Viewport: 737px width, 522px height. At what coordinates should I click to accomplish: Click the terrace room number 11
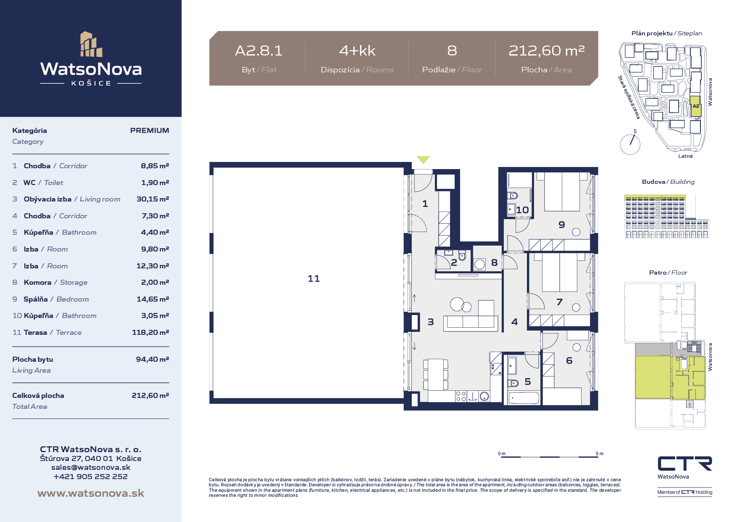[x=313, y=278]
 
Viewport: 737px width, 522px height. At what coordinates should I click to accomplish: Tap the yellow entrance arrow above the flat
[x=423, y=160]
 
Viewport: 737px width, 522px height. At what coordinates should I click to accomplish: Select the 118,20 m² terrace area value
[x=150, y=332]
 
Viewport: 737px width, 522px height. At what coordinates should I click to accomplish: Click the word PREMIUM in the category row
[x=150, y=130]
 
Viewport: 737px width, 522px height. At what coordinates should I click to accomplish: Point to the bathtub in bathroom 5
[x=524, y=397]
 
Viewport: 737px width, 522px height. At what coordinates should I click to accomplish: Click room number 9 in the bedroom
[x=562, y=225]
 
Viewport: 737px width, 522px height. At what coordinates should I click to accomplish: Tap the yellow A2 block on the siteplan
[x=696, y=106]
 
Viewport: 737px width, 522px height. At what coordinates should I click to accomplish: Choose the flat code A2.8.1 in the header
[x=258, y=51]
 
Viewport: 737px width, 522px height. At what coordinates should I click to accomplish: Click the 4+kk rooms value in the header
[x=357, y=51]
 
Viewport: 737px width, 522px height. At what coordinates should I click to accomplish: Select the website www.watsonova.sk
[x=91, y=493]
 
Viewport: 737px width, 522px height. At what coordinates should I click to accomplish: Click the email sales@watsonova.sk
[x=91, y=467]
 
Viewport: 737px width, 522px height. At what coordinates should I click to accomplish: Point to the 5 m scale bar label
[x=600, y=453]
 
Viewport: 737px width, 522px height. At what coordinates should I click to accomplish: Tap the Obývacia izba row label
[x=47, y=199]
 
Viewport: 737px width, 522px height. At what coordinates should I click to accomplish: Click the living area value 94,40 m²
[x=153, y=359]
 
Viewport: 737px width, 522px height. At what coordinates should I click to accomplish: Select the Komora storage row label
[x=37, y=282]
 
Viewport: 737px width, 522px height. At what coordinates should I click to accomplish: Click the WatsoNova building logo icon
[x=91, y=44]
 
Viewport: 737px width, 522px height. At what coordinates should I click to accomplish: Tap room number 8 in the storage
[x=494, y=262]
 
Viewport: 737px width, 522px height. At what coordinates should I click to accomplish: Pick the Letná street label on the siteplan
[x=685, y=156]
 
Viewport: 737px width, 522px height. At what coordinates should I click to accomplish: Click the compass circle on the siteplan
[x=630, y=144]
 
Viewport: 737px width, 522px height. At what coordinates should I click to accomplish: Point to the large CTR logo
[x=685, y=464]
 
